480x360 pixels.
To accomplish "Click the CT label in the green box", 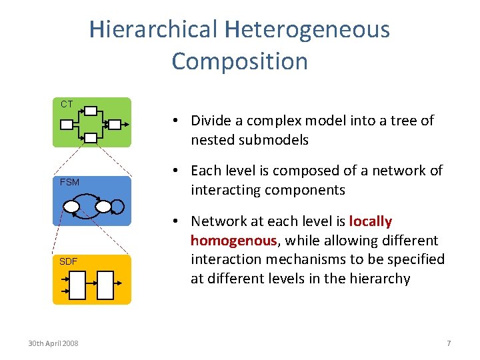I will [x=67, y=104].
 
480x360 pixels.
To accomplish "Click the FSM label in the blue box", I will [x=69, y=182].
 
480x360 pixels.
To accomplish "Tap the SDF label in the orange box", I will [x=68, y=261].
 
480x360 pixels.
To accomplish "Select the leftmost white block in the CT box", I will [x=67, y=125].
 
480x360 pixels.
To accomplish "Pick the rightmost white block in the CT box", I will [x=115, y=125].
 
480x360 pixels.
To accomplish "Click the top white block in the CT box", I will [x=91, y=111].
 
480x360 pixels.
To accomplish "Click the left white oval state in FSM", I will [x=71, y=207].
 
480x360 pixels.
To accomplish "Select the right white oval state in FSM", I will [x=103, y=207].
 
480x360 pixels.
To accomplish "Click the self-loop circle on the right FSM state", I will [x=119, y=207].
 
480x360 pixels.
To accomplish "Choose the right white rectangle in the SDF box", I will [x=106, y=287].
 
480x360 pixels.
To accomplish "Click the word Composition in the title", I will [x=240, y=61].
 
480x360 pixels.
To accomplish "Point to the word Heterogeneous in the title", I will [x=307, y=29].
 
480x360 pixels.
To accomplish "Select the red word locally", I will [x=370, y=221].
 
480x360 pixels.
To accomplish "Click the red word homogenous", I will [x=233, y=241].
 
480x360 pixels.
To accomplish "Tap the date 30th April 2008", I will [x=53, y=343].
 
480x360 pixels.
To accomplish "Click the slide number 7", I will [x=449, y=343].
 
